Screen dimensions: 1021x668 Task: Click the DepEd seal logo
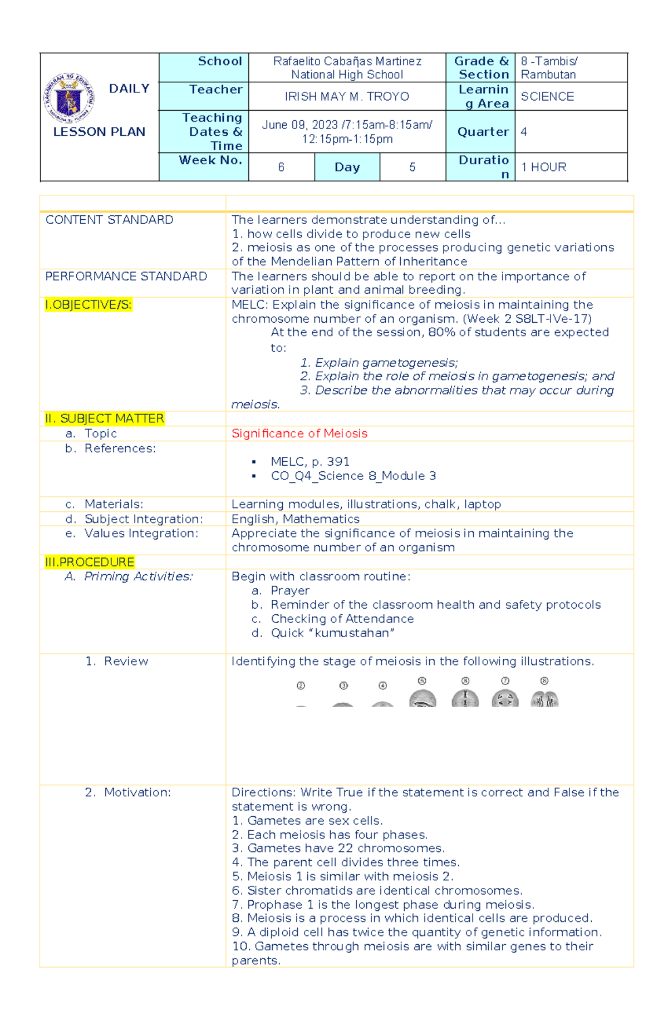pyautogui.click(x=69, y=98)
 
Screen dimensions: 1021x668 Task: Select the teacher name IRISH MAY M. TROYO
pyautogui.click(x=347, y=97)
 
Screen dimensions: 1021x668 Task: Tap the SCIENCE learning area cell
pyautogui.click(x=547, y=97)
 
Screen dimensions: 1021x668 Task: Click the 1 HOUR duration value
pyautogui.click(x=543, y=167)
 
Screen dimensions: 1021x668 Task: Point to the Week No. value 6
pyautogui.click(x=281, y=167)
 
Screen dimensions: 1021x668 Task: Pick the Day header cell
pyautogui.click(x=347, y=167)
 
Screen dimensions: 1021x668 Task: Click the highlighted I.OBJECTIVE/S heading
pyautogui.click(x=89, y=305)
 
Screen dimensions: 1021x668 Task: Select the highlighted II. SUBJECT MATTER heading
pyautogui.click(x=105, y=418)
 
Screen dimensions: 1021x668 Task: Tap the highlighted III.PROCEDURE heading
pyautogui.click(x=90, y=562)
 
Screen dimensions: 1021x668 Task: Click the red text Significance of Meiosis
pyautogui.click(x=299, y=433)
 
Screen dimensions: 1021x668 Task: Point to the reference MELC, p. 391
pyautogui.click(x=310, y=462)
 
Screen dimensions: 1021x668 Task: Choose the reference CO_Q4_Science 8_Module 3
pyautogui.click(x=353, y=476)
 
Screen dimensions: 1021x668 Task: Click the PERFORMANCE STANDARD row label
pyautogui.click(x=126, y=277)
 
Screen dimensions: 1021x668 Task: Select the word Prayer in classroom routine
pyautogui.click(x=290, y=591)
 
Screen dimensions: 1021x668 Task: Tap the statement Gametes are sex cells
pyautogui.click(x=315, y=821)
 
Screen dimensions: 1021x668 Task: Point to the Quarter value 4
pyautogui.click(x=524, y=132)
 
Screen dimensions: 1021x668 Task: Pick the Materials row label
pyautogui.click(x=114, y=504)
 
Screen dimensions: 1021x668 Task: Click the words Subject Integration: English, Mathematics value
pyautogui.click(x=296, y=519)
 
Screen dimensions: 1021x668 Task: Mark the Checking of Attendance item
pyautogui.click(x=342, y=619)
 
